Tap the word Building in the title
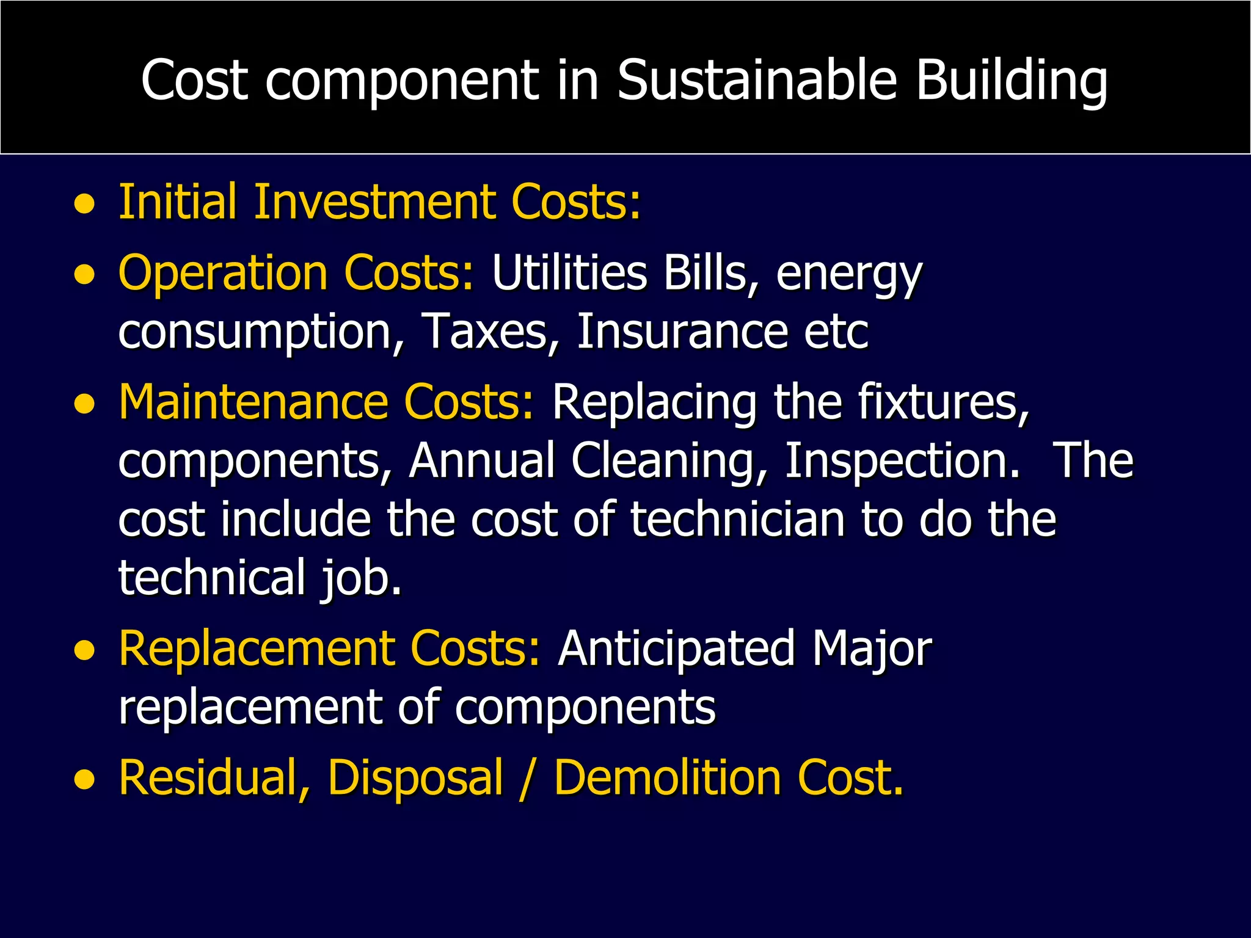tap(1011, 81)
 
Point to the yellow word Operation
tap(224, 273)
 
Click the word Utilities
tap(569, 272)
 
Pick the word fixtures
tap(943, 402)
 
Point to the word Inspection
tap(902, 461)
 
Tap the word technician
tap(737, 520)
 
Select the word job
tap(360, 578)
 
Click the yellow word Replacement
tap(257, 649)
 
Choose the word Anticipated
tap(676, 649)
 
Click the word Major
tap(871, 649)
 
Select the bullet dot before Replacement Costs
tap(85, 652)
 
